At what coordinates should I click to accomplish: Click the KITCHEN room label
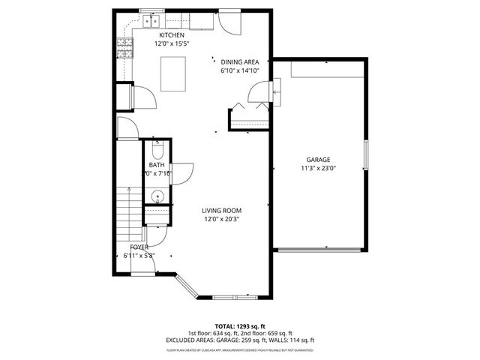171,35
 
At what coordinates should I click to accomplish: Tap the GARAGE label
318,160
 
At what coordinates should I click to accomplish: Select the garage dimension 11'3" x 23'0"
318,169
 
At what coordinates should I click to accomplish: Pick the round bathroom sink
156,196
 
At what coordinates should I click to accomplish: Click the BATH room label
157,165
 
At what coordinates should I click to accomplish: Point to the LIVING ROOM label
226,211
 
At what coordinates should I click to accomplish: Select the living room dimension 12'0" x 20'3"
226,220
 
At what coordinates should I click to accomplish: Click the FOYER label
139,247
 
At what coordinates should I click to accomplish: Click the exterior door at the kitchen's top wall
228,23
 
